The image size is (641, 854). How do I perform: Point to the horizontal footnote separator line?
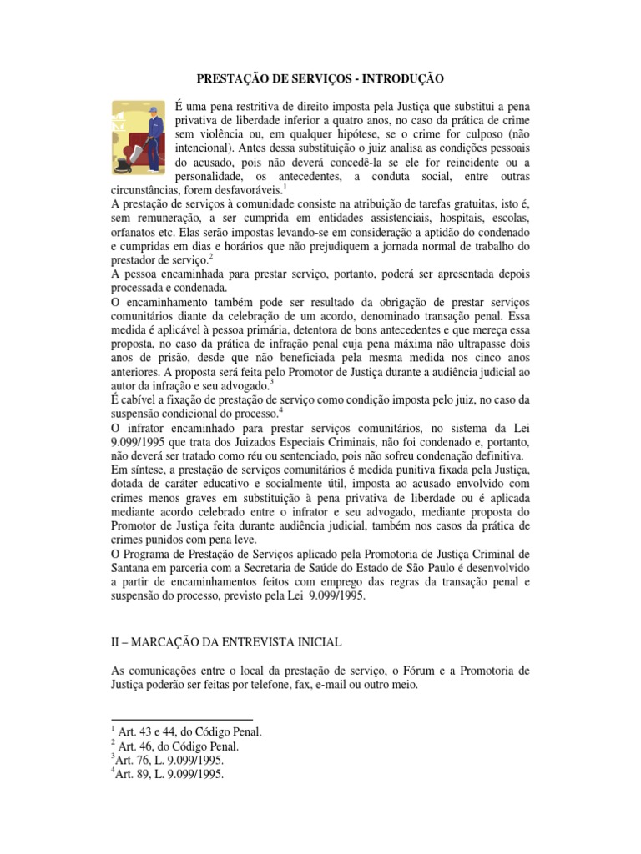[x=182, y=718]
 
